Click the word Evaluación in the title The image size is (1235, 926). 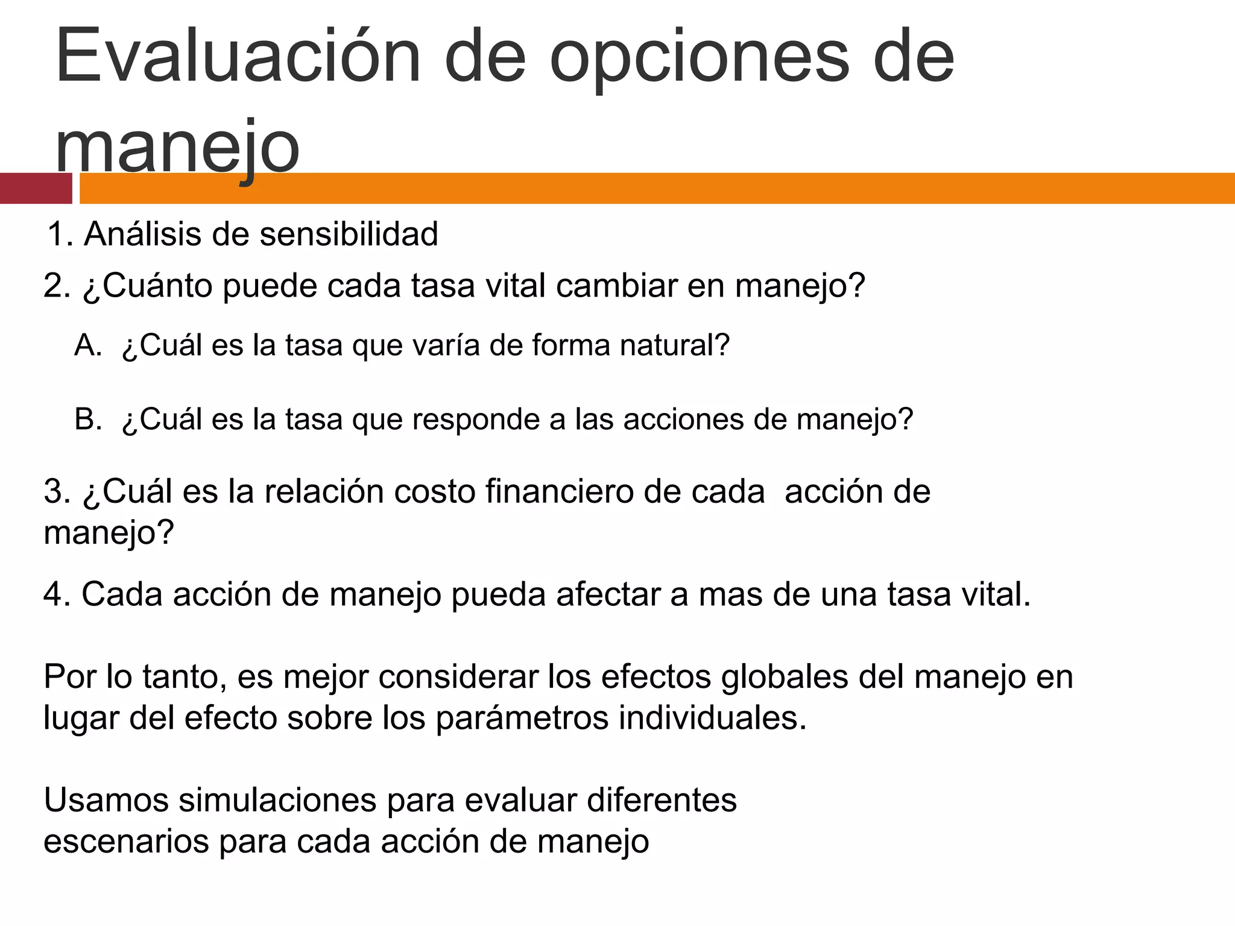pyautogui.click(x=238, y=57)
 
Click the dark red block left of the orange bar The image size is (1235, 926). pyautogui.click(x=36, y=188)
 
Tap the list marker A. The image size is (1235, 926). pyautogui.click(x=88, y=345)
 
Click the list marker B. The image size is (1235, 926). pyautogui.click(x=88, y=420)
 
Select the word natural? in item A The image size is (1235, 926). pyautogui.click(x=675, y=345)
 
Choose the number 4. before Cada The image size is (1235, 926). pyautogui.click(x=57, y=594)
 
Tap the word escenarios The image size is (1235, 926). pyautogui.click(x=125, y=842)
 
